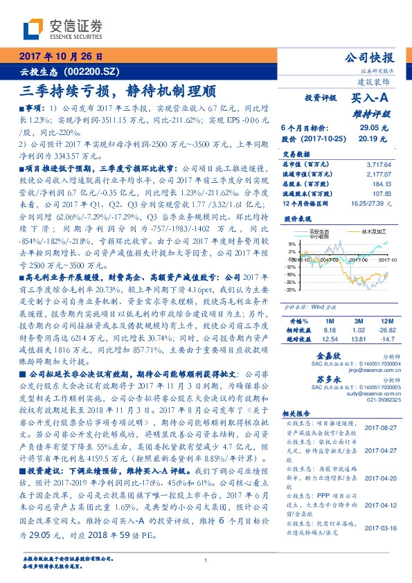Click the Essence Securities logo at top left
pyautogui.click(x=63, y=28)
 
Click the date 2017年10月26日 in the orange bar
pyautogui.click(x=60, y=57)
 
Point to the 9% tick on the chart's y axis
pyautogui.click(x=293, y=244)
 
